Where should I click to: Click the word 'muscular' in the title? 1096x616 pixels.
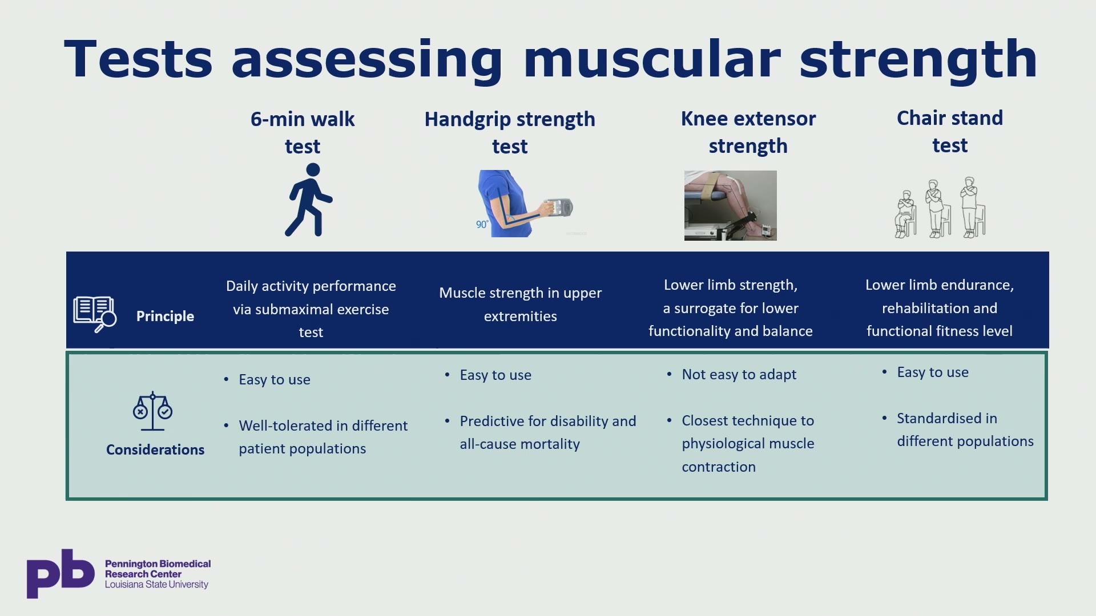pyautogui.click(x=652, y=59)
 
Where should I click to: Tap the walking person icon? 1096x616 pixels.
pyautogui.click(x=309, y=200)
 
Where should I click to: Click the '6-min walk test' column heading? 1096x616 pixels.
pyautogui.click(x=303, y=132)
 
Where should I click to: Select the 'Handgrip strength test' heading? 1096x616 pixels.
pyautogui.click(x=510, y=132)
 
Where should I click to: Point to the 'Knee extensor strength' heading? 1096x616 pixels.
pyautogui.click(x=748, y=132)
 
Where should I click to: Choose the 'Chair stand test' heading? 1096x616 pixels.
pyautogui.click(x=950, y=131)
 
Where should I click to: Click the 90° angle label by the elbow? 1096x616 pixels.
pyautogui.click(x=482, y=224)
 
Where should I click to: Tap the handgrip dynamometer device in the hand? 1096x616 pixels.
pyautogui.click(x=558, y=208)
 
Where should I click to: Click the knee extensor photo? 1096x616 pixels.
pyautogui.click(x=731, y=205)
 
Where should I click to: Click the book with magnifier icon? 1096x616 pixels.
pyautogui.click(x=95, y=314)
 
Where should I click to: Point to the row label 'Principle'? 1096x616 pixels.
pyautogui.click(x=165, y=316)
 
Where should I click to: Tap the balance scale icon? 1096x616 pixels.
pyautogui.click(x=152, y=411)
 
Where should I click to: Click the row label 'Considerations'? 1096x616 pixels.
pyautogui.click(x=155, y=449)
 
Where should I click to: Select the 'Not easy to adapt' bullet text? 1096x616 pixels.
pyautogui.click(x=739, y=374)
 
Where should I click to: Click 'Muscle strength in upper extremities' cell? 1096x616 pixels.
pyautogui.click(x=521, y=304)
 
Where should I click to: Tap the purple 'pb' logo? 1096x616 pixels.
pyautogui.click(x=61, y=573)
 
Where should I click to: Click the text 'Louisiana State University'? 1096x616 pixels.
pyautogui.click(x=156, y=585)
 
